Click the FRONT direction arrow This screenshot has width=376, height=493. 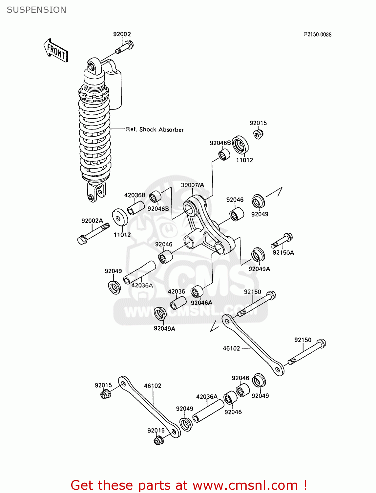click(56, 51)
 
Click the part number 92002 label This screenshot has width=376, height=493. click(122, 34)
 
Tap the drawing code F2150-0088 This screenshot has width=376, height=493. click(317, 35)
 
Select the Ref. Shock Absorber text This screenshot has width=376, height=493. click(155, 129)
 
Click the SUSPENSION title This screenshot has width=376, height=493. click(36, 10)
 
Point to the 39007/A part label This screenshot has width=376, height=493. click(192, 185)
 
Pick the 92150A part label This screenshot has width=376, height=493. click(283, 253)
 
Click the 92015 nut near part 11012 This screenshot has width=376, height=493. click(259, 134)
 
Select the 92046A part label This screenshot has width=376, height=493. click(201, 303)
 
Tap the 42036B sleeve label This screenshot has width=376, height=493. click(135, 195)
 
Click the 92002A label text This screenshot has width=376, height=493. click(92, 221)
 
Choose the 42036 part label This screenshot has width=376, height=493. click(176, 292)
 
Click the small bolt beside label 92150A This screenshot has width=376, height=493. click(282, 241)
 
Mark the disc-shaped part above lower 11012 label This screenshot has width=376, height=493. click(120, 217)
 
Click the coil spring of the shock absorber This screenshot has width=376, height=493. click(95, 138)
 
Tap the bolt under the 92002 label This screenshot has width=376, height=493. click(125, 47)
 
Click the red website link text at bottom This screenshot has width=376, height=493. click(189, 485)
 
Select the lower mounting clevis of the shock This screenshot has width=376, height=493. click(95, 192)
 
